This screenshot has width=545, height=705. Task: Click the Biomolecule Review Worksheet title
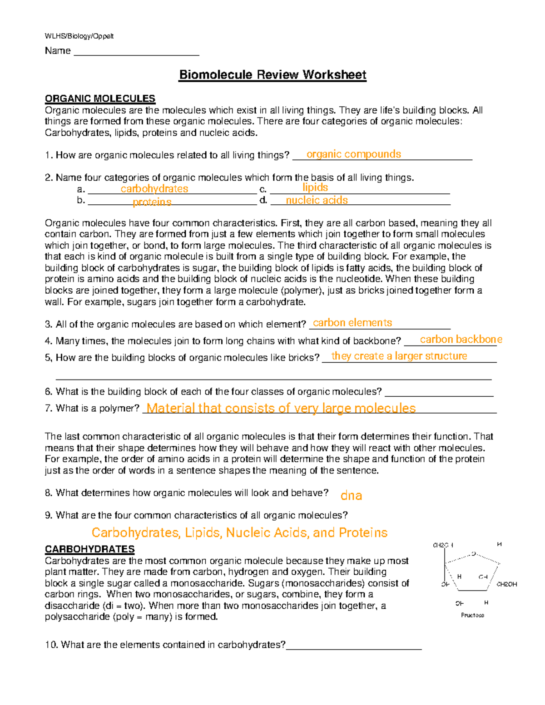[x=272, y=75]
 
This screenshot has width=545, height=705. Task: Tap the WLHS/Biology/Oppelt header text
[x=79, y=36]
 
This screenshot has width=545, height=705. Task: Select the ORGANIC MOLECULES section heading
[x=100, y=99]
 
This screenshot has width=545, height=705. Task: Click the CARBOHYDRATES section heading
[x=89, y=549]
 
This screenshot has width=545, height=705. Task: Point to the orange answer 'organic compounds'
[x=353, y=154]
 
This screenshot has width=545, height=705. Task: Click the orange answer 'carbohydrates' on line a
[x=154, y=189]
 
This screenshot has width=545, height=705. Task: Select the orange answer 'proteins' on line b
[x=152, y=202]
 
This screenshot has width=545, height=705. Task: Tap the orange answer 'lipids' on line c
[x=315, y=187]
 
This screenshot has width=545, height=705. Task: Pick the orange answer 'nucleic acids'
[x=317, y=200]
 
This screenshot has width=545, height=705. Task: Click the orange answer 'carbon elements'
[x=352, y=323]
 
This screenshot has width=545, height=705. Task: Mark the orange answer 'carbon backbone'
[x=461, y=340]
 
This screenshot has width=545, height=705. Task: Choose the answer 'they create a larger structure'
[x=399, y=356]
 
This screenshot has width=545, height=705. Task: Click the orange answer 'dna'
[x=351, y=495]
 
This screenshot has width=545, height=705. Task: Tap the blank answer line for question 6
[x=439, y=395]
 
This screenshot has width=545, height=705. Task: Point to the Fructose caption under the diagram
[x=472, y=615]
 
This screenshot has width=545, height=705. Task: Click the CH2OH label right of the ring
[x=506, y=584]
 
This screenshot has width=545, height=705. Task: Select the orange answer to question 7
[x=281, y=408]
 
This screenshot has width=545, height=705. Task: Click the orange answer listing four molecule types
[x=239, y=532]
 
